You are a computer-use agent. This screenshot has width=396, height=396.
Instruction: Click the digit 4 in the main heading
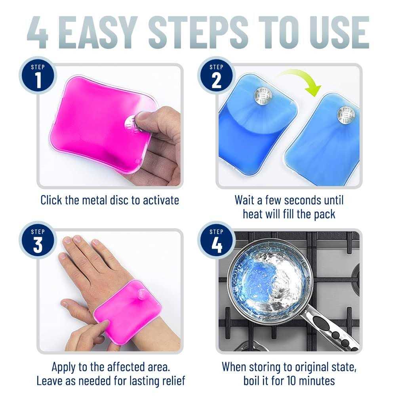39,32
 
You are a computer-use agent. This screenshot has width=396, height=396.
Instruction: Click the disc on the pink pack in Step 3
141,293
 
